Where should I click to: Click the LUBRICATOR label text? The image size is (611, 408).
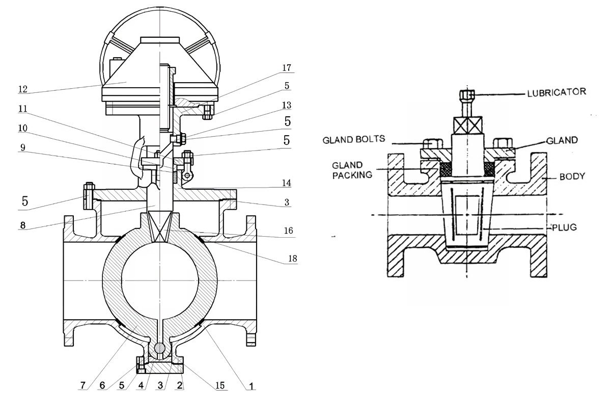click(557, 92)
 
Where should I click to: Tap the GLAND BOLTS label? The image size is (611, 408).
click(354, 139)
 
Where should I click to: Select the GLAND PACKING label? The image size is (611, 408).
click(352, 170)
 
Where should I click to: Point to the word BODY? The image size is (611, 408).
click(572, 176)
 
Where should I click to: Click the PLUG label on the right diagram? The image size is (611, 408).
click(564, 227)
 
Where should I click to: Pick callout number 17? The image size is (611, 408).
click(287, 67)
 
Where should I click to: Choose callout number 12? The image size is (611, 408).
click(23, 89)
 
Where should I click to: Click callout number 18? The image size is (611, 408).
click(293, 258)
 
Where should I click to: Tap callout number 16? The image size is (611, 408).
click(288, 231)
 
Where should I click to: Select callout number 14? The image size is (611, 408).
click(286, 183)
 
